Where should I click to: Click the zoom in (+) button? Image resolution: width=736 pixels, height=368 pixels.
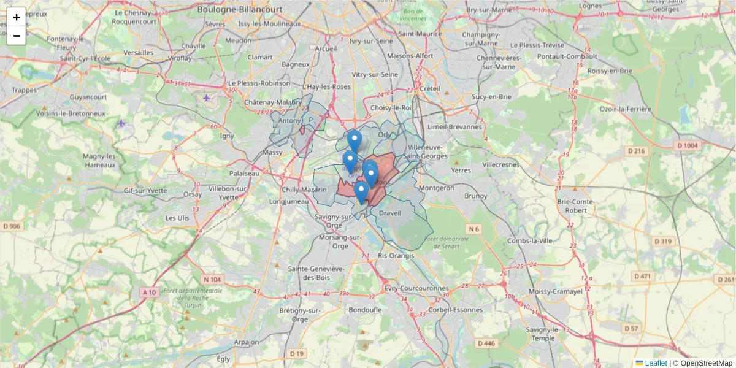17,17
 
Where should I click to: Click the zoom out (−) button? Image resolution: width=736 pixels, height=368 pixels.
17,36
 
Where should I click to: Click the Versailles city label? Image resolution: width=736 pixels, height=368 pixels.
138,53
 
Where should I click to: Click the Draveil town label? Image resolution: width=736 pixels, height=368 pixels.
389,213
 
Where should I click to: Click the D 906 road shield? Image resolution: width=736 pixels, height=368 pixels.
11,226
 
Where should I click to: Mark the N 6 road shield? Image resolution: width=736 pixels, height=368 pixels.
473,229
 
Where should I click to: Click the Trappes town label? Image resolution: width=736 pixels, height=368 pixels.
24,90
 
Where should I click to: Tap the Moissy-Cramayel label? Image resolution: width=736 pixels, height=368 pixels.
554,292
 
